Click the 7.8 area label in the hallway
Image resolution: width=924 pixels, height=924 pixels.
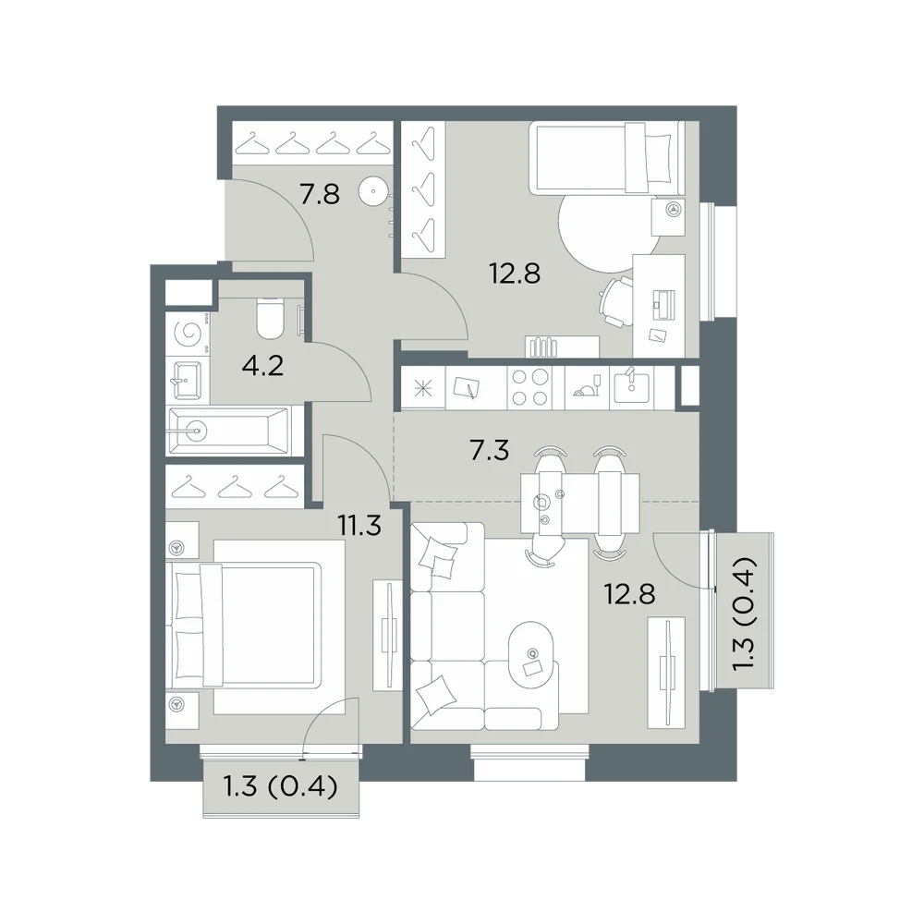pyautogui.click(x=320, y=194)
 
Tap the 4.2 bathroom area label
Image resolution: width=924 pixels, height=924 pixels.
pyautogui.click(x=262, y=366)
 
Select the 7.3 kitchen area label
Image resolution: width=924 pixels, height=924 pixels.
pyautogui.click(x=489, y=450)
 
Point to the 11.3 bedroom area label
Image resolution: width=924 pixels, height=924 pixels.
pyautogui.click(x=359, y=525)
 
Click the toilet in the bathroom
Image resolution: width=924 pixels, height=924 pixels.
pyautogui.click(x=271, y=318)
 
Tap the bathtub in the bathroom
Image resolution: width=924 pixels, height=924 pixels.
pyautogui.click(x=229, y=431)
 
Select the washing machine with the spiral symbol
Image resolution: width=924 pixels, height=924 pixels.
pyautogui.click(x=188, y=334)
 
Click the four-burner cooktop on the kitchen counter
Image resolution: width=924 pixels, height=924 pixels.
pyautogui.click(x=530, y=388)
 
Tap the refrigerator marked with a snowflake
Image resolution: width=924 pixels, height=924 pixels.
pyautogui.click(x=423, y=388)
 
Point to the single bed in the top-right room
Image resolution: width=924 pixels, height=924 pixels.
pyautogui.click(x=607, y=157)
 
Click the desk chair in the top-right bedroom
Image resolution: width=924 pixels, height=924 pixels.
pyautogui.click(x=615, y=301)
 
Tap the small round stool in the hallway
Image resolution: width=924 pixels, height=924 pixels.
pyautogui.click(x=373, y=191)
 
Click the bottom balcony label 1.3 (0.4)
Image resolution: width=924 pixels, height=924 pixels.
pyautogui.click(x=281, y=786)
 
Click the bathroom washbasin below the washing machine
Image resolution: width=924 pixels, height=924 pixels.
pyautogui.click(x=188, y=380)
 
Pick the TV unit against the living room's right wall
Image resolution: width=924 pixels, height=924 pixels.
pyautogui.click(x=666, y=673)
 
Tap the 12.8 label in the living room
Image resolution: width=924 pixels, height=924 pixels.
pyautogui.click(x=629, y=594)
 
